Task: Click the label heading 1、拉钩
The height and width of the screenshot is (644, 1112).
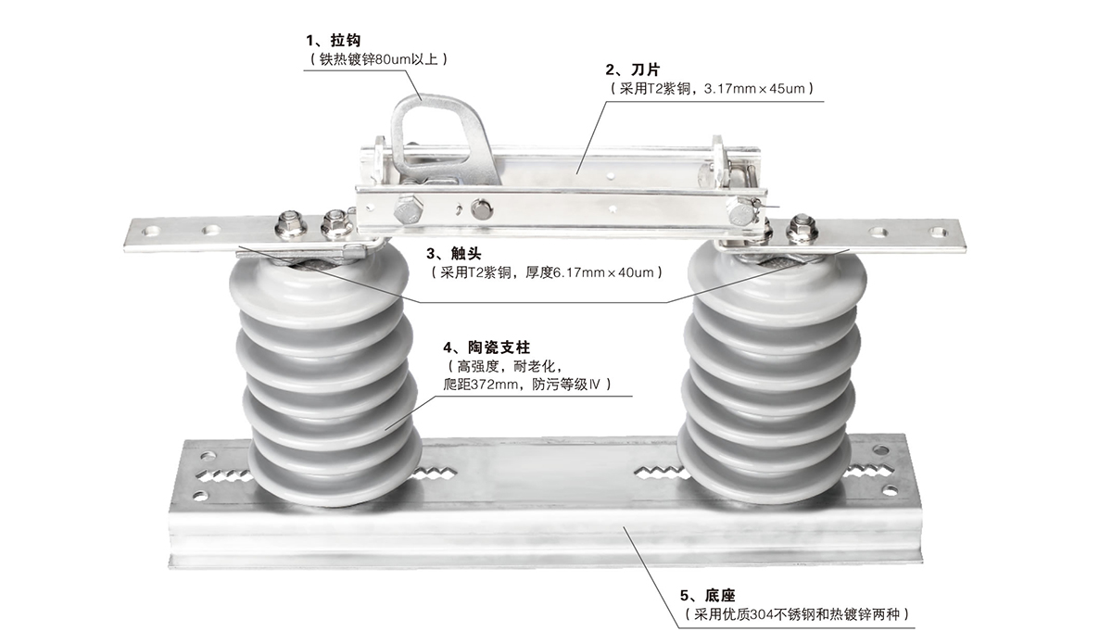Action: point(333,41)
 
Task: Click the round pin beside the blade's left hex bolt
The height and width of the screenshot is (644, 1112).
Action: point(481,210)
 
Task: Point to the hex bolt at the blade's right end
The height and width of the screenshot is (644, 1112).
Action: point(741,213)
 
